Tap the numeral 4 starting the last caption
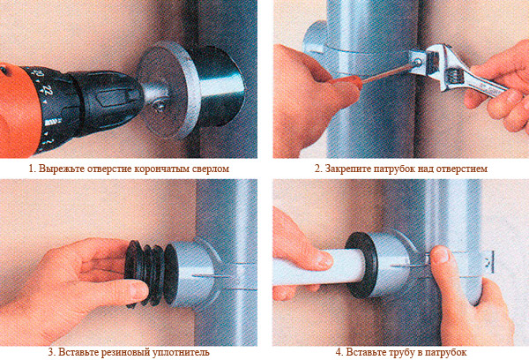339,352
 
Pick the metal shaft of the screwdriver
387,72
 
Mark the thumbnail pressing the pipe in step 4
442,254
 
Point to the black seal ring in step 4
361,264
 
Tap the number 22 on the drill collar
48,90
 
